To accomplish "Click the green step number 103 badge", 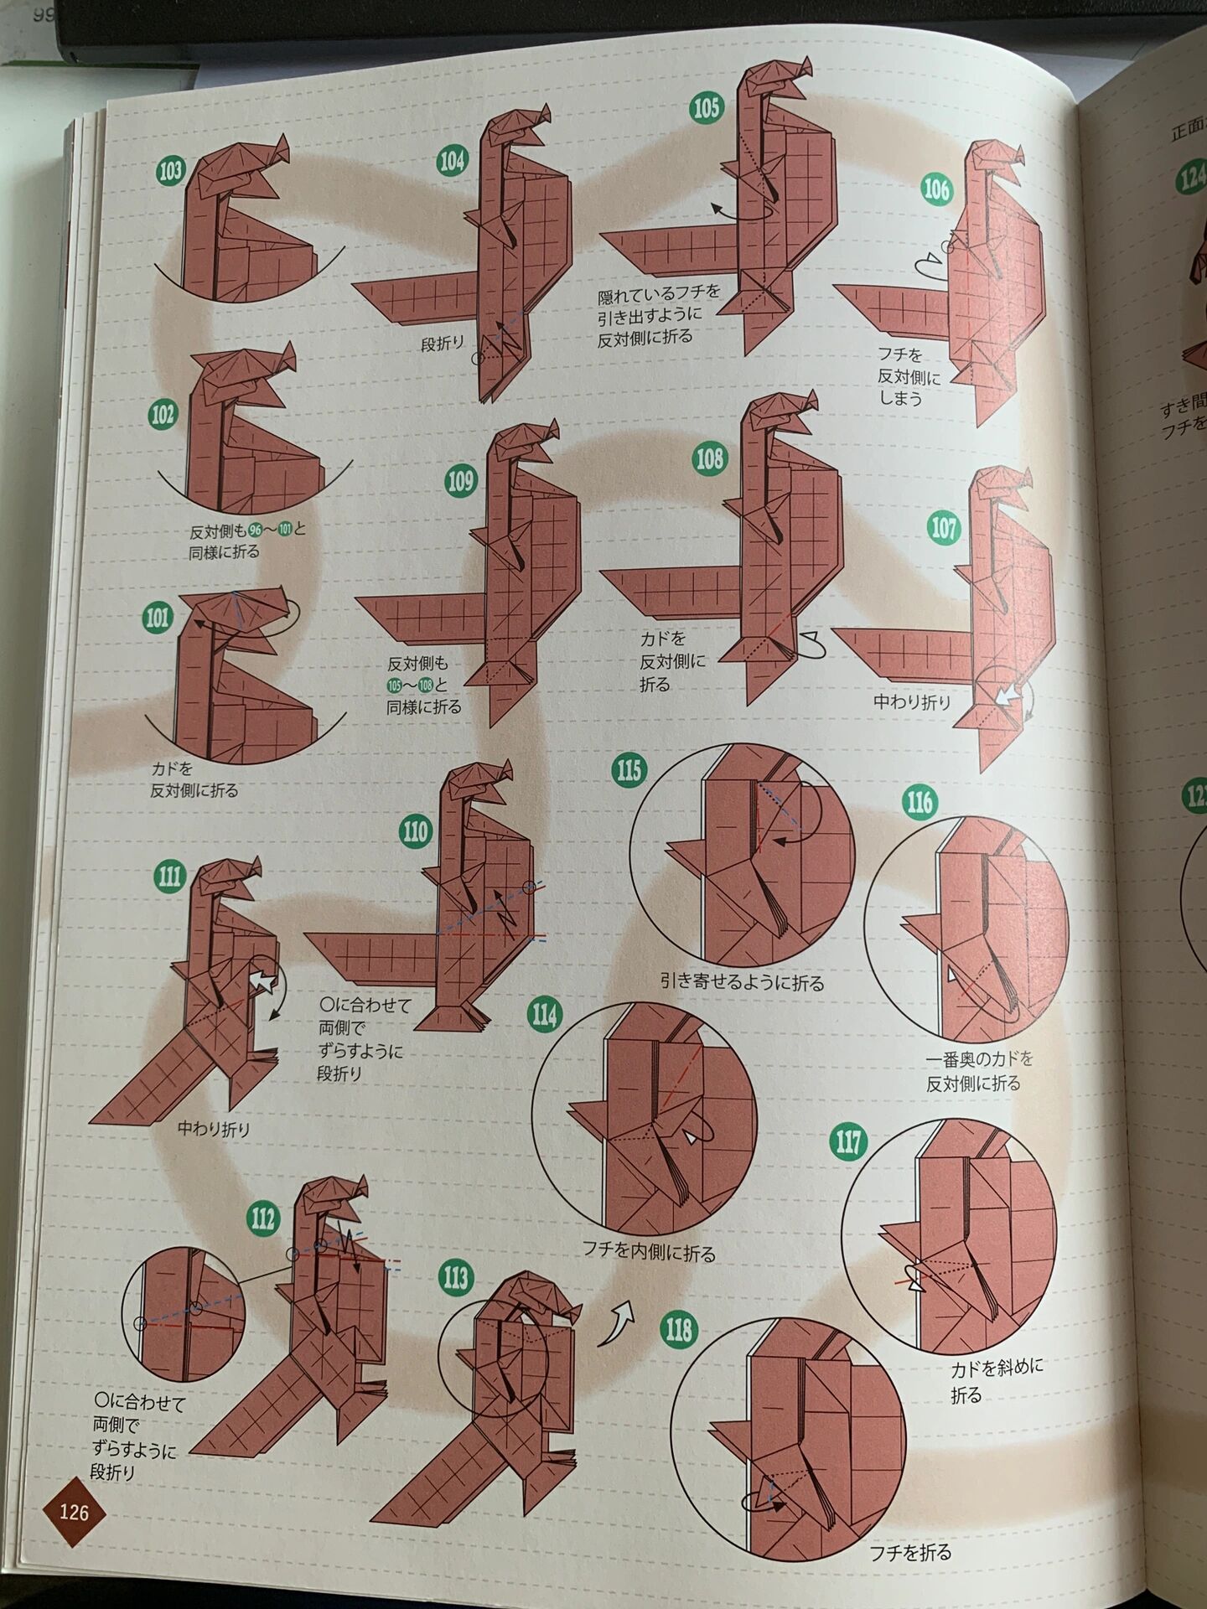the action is [x=170, y=173].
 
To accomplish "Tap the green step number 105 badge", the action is [x=706, y=108].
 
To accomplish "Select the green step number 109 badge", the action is [x=461, y=481].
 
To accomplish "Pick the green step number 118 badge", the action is [x=677, y=1330].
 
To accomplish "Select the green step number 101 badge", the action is [x=158, y=618].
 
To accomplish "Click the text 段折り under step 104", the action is [x=442, y=343].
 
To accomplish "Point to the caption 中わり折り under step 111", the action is [x=214, y=1129].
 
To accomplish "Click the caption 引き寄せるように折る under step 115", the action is [x=742, y=982].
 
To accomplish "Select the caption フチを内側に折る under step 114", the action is [x=650, y=1254].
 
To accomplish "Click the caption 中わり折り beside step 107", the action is [x=913, y=701].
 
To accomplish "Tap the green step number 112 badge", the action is [x=263, y=1218].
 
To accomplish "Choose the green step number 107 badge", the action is [x=944, y=528].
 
